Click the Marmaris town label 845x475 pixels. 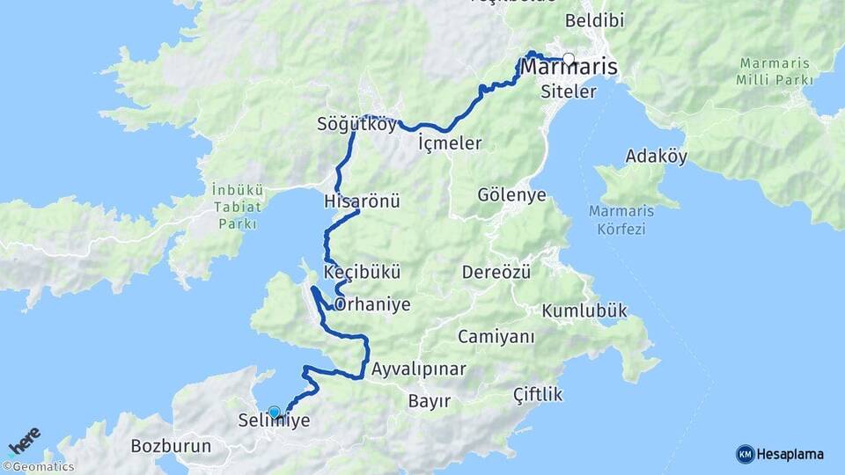(569, 68)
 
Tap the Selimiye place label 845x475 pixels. (274, 421)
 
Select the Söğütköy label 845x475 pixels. (356, 125)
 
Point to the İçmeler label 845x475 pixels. (450, 142)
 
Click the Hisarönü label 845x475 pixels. (362, 201)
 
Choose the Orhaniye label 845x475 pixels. (372, 304)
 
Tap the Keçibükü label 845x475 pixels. (361, 272)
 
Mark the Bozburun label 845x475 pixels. (171, 446)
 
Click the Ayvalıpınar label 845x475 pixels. (418, 369)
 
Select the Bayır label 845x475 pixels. (430, 402)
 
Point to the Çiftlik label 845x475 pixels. (538, 395)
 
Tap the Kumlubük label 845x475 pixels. (584, 311)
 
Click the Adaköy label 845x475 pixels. (656, 157)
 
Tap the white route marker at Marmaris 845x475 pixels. (569, 60)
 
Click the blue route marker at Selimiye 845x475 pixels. (274, 412)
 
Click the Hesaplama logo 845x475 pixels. (780, 454)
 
